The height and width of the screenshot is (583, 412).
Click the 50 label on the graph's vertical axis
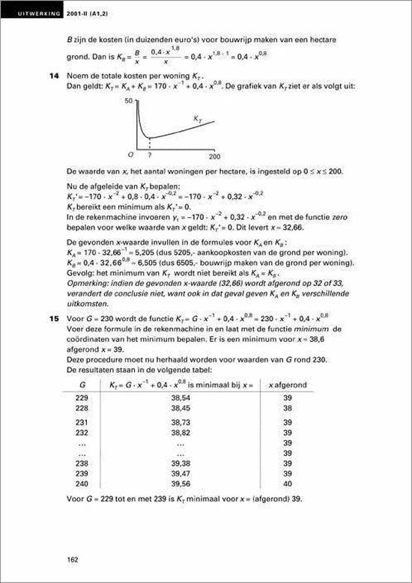tap(129, 99)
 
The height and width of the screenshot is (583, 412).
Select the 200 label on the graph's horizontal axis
tap(214, 157)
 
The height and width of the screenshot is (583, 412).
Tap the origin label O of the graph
tap(128, 155)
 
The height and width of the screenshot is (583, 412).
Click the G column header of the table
tap(80, 384)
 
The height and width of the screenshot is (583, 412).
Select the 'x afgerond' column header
tap(288, 384)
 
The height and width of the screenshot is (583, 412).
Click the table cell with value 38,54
tap(180, 398)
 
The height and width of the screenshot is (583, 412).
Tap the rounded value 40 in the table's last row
tap(288, 484)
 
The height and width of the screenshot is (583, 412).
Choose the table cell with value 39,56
tap(180, 484)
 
